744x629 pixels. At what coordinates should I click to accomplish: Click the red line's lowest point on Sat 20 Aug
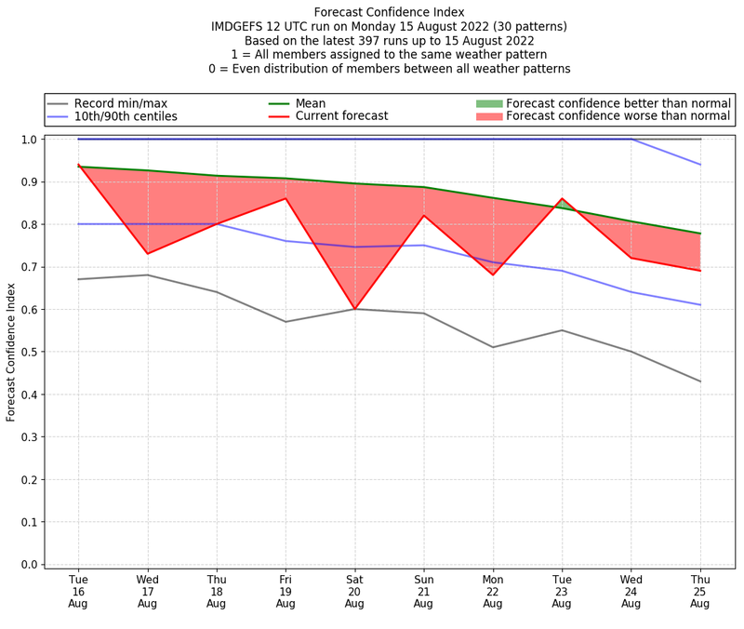(354, 309)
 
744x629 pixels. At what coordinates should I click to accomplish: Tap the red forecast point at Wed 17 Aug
(147, 253)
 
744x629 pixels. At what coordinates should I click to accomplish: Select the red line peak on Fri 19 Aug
(286, 198)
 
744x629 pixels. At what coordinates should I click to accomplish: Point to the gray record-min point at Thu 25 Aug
(700, 381)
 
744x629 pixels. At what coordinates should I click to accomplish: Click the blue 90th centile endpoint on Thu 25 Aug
(700, 165)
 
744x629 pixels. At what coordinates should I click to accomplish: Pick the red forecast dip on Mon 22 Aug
(493, 274)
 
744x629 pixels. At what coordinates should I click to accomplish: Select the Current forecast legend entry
(340, 116)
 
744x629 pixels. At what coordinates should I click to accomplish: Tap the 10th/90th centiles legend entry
(125, 116)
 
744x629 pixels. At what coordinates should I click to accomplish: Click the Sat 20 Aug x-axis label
(354, 592)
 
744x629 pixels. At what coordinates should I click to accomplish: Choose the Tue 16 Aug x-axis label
(78, 592)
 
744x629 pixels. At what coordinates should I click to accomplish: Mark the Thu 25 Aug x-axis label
(700, 592)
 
